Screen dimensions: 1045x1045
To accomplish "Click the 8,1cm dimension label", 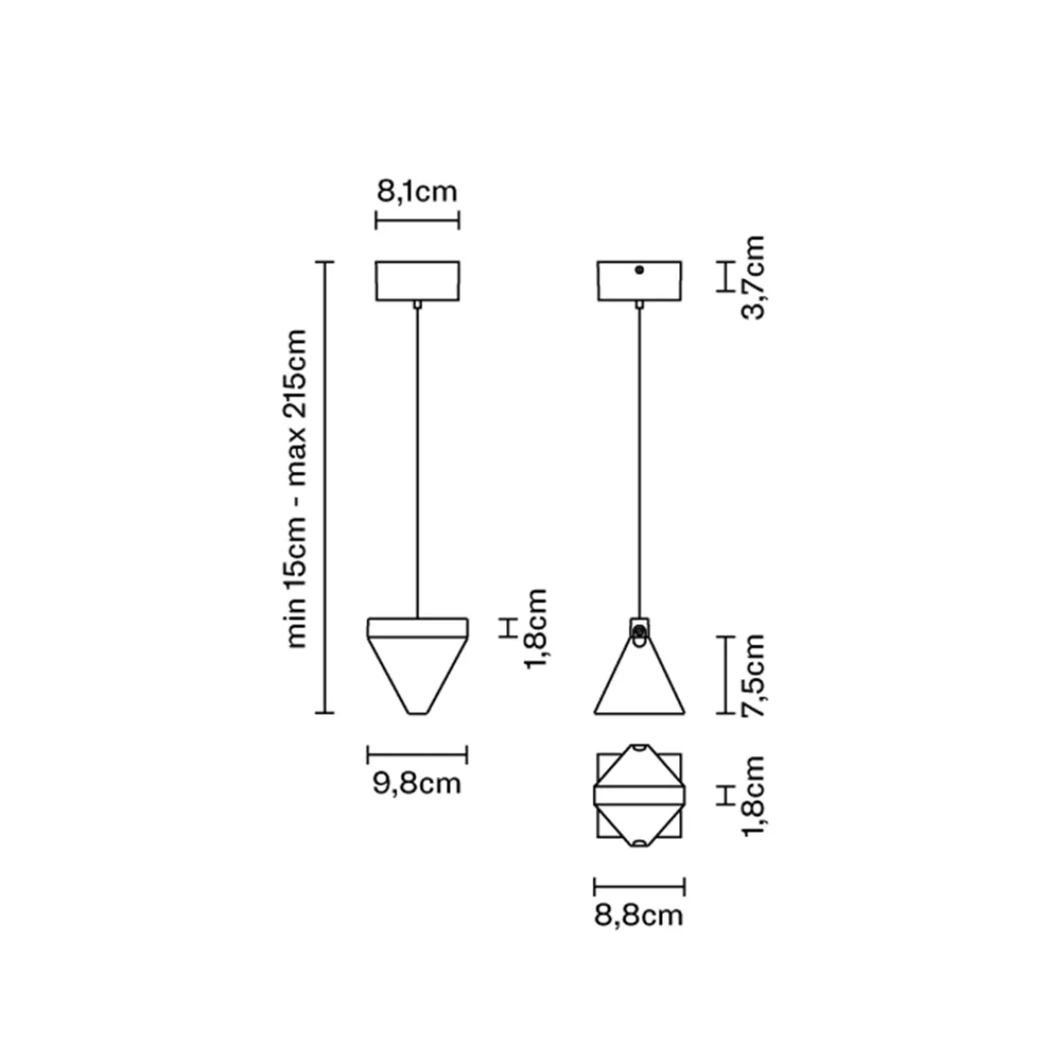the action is tap(416, 192).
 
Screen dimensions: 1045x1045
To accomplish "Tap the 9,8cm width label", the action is tap(416, 784).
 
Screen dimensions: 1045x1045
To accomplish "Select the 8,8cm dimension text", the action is tap(639, 916).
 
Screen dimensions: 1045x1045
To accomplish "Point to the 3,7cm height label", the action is tap(752, 278).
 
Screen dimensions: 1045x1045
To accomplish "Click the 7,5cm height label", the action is tap(752, 675).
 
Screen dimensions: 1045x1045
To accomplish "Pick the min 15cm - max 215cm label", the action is tap(296, 488).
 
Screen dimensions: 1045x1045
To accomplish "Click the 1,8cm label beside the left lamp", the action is tap(536, 629).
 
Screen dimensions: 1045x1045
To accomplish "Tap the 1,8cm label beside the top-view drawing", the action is tap(752, 796).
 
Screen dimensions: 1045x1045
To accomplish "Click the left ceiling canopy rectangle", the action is tap(418, 281).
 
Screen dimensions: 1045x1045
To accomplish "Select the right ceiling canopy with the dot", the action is tap(639, 281).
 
